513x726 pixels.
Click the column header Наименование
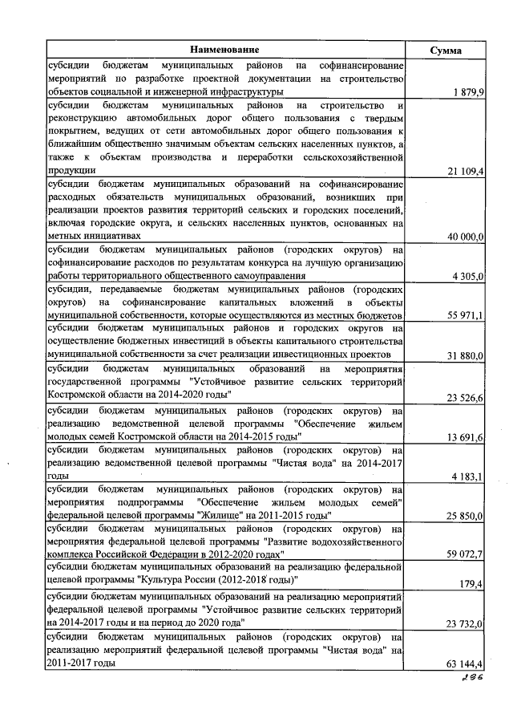tap(224, 50)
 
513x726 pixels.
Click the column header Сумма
tap(446, 50)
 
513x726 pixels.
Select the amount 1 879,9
tap(468, 93)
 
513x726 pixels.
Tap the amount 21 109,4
tap(465, 171)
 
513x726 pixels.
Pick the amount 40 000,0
tap(465, 237)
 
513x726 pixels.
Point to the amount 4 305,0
tap(468, 276)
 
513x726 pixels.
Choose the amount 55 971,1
tap(465, 316)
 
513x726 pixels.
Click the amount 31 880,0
tap(465, 355)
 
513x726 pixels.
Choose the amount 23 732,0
tap(465, 623)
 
